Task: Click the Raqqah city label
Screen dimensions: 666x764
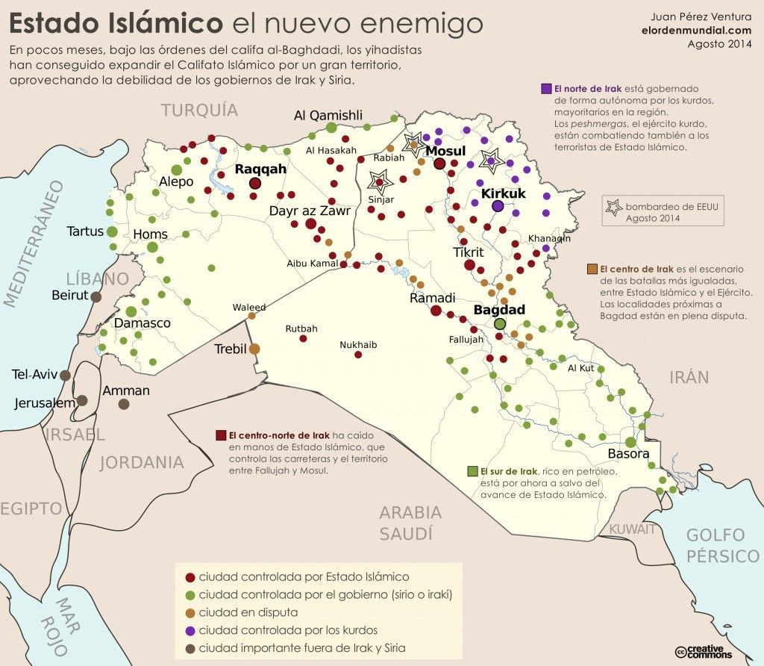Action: pyautogui.click(x=260, y=169)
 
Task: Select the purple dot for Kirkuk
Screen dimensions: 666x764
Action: pyautogui.click(x=498, y=207)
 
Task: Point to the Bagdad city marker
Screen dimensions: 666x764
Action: pyautogui.click(x=500, y=324)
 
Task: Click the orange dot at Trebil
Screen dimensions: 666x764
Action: pyautogui.click(x=254, y=349)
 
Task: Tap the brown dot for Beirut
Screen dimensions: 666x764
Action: pyautogui.click(x=96, y=296)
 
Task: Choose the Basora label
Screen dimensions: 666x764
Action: pyautogui.click(x=628, y=454)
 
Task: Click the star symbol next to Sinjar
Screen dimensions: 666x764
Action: pyautogui.click(x=380, y=180)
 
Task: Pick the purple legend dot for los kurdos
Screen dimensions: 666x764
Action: pyautogui.click(x=190, y=629)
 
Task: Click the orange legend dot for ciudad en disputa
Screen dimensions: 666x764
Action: pyautogui.click(x=190, y=612)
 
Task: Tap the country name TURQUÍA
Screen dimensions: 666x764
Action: pyautogui.click(x=200, y=111)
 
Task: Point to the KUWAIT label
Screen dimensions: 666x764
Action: pyautogui.click(x=632, y=529)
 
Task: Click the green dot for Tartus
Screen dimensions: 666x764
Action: pyautogui.click(x=111, y=231)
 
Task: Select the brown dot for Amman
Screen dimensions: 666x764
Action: pyautogui.click(x=124, y=404)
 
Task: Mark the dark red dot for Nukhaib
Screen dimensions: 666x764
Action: pyautogui.click(x=359, y=356)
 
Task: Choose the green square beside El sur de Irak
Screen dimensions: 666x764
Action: pyautogui.click(x=472, y=471)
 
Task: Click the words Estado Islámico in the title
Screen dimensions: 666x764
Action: pyautogui.click(x=116, y=23)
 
